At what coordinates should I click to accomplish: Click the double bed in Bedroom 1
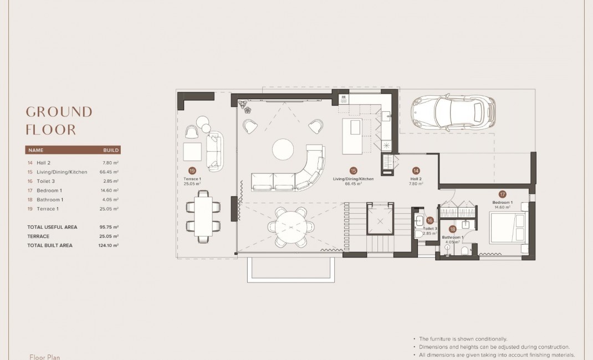tap(507, 228)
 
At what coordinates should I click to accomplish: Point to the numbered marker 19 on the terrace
tap(192, 171)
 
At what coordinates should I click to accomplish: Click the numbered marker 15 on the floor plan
tap(353, 171)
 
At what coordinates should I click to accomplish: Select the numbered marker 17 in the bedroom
tap(502, 194)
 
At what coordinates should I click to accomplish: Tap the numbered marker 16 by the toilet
tap(430, 220)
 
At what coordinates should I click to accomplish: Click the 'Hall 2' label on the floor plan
tap(416, 179)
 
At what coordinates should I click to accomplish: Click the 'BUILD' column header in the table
tap(111, 150)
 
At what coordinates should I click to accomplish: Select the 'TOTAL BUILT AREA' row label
tap(50, 245)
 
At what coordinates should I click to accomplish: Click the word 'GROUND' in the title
tap(59, 112)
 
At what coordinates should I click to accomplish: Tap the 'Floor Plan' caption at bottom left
tap(44, 357)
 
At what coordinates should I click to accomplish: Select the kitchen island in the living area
tap(351, 136)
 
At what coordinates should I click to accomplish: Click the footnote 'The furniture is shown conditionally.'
tap(463, 339)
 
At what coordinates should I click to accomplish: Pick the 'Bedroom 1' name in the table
tap(49, 191)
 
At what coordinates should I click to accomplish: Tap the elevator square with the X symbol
tap(380, 220)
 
